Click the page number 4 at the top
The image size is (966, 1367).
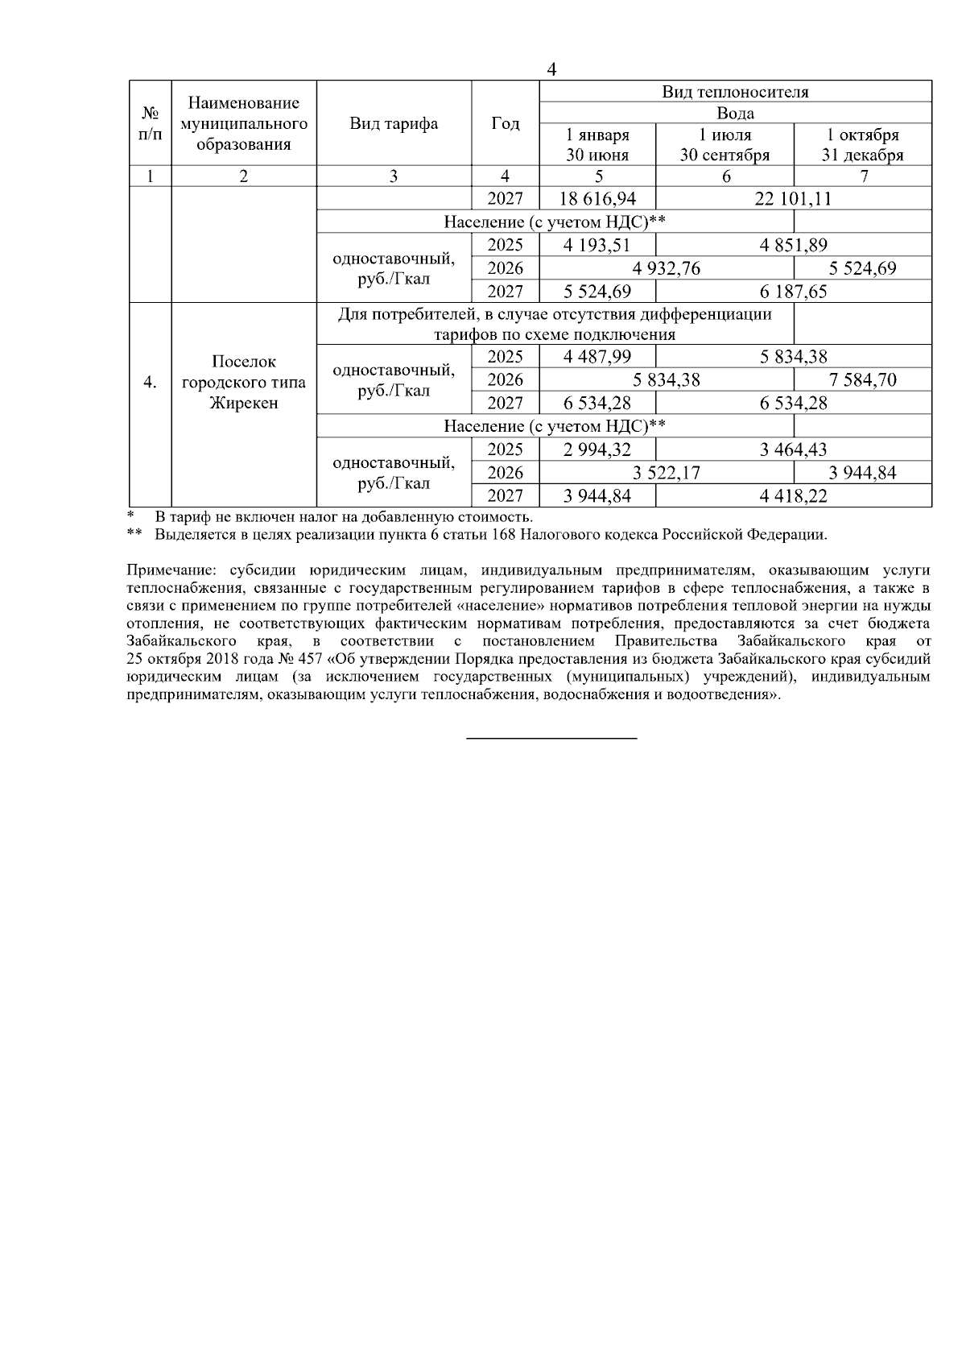pyautogui.click(x=551, y=70)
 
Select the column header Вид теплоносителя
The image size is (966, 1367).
pyautogui.click(x=735, y=92)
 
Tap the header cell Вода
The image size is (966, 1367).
pyautogui.click(x=735, y=114)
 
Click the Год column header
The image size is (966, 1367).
pyautogui.click(x=506, y=124)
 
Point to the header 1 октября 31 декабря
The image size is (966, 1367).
pyautogui.click(x=862, y=145)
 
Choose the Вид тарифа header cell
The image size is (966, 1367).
pyautogui.click(x=394, y=124)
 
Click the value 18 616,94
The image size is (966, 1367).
pyautogui.click(x=597, y=199)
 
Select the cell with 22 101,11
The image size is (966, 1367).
pyautogui.click(x=793, y=199)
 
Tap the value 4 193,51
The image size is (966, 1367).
pyautogui.click(x=597, y=246)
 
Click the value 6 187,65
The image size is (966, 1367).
pyautogui.click(x=793, y=292)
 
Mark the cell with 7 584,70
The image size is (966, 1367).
pyautogui.click(x=862, y=380)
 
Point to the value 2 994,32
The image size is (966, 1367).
pyautogui.click(x=597, y=449)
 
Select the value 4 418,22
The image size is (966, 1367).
pyautogui.click(x=793, y=496)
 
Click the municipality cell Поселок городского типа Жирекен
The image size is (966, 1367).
pyautogui.click(x=244, y=383)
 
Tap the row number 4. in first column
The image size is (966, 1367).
pyautogui.click(x=150, y=383)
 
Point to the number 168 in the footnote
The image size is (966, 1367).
pyautogui.click(x=505, y=534)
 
